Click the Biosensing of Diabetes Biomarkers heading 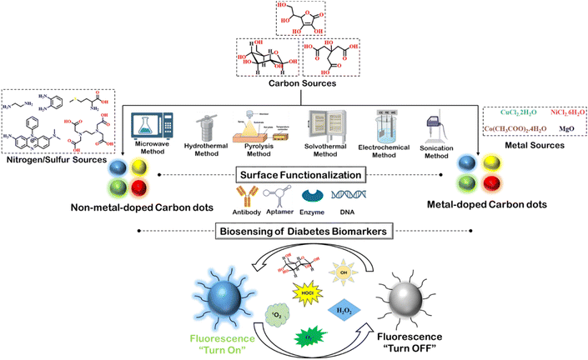click(x=294, y=230)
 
